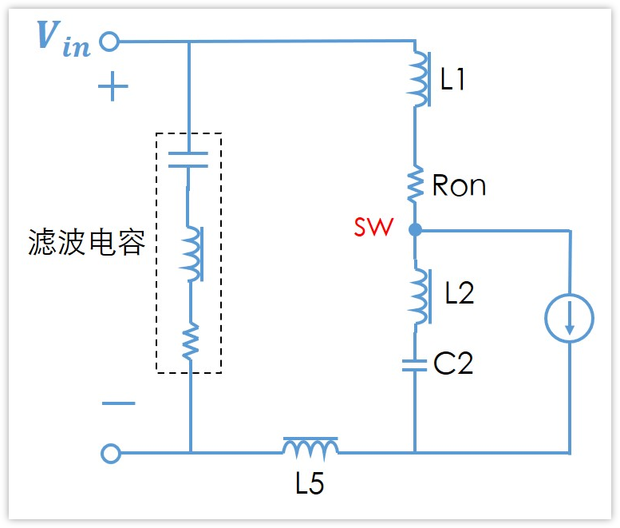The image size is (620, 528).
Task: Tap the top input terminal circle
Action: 109,41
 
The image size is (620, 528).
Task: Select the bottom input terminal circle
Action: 110,454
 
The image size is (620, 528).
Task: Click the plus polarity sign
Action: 113,86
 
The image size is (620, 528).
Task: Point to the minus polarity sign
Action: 118,403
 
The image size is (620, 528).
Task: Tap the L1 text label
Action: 453,79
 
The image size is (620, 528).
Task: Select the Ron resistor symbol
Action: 415,185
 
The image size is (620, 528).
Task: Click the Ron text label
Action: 459,185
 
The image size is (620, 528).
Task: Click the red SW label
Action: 373,228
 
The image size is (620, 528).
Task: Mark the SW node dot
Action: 415,230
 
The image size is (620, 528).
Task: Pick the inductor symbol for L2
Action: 418,293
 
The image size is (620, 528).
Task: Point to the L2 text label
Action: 459,293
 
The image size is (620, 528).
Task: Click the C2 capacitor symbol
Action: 415,365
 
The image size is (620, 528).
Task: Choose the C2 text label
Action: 453,364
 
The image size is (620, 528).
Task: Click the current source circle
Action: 569,319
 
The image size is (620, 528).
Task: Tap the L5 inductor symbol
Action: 310,447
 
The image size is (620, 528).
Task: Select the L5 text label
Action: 310,484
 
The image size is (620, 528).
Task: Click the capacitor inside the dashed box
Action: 190,159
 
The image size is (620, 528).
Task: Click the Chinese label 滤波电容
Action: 87,242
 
